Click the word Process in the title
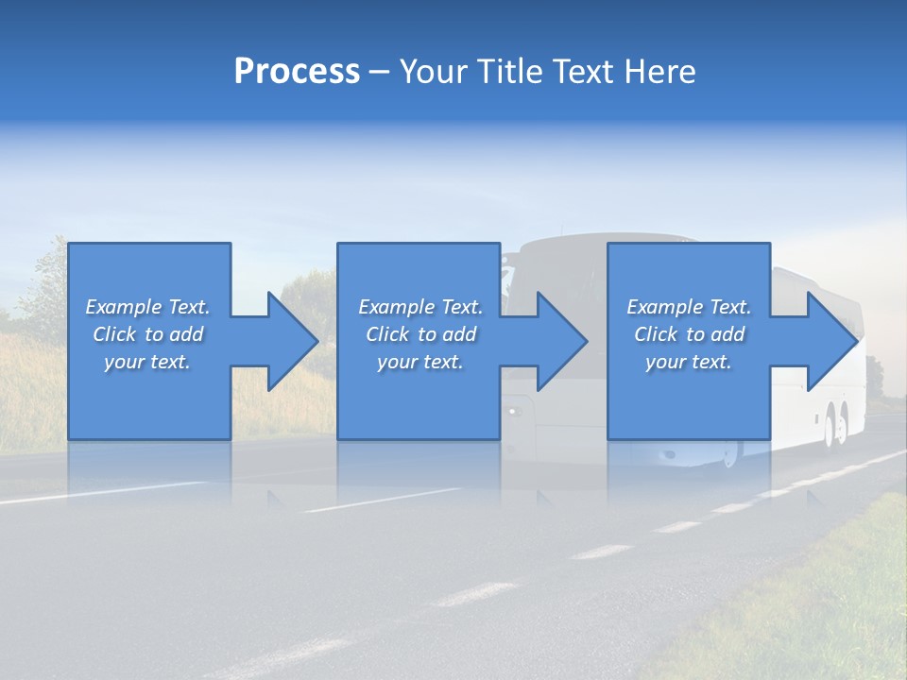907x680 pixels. pos(297,72)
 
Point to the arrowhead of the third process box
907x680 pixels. pos(832,341)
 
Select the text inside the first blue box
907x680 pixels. pos(147,334)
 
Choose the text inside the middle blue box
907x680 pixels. pos(420,334)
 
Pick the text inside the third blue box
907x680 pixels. pos(689,334)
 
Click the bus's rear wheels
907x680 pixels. pos(835,425)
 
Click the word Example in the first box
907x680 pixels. pos(124,307)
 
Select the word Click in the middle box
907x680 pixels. pos(387,334)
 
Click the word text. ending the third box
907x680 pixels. pos(710,362)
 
